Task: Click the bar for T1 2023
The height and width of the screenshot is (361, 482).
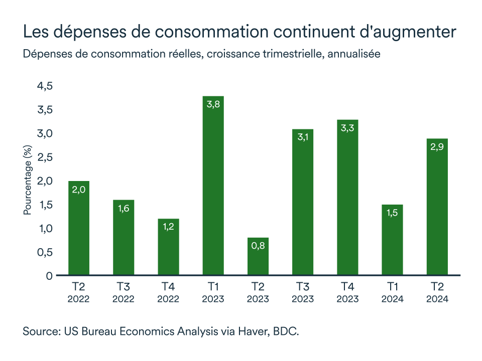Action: click(x=213, y=186)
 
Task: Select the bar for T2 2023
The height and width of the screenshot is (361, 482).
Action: click(x=258, y=256)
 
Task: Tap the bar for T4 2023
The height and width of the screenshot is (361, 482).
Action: click(x=347, y=198)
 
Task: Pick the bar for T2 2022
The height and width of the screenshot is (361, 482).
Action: click(x=79, y=228)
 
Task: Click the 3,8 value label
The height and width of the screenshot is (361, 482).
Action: click(x=213, y=105)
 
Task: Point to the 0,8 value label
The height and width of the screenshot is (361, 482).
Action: click(x=258, y=246)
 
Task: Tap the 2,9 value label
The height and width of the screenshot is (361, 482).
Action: click(x=437, y=147)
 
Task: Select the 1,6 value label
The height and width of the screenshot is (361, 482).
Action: click(x=124, y=209)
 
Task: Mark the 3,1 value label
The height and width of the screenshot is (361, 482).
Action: click(x=302, y=138)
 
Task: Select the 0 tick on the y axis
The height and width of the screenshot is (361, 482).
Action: click(x=49, y=276)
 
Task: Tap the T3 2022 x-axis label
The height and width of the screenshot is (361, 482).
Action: click(x=124, y=293)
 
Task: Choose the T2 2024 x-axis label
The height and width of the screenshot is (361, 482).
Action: click(x=437, y=293)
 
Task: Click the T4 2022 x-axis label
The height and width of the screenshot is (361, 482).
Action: click(x=168, y=293)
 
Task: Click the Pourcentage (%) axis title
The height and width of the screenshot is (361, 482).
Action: click(x=28, y=180)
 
